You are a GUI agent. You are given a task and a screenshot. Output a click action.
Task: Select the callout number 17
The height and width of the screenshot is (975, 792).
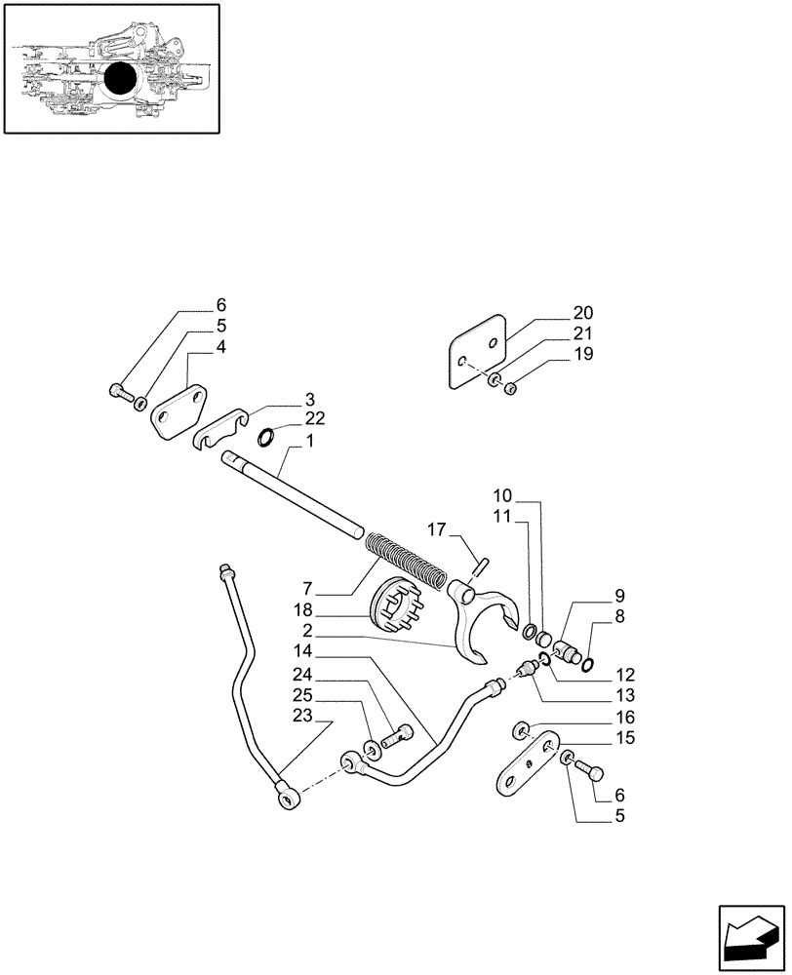435,530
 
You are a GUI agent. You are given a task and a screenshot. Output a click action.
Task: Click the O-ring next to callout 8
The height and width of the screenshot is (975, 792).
587,665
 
